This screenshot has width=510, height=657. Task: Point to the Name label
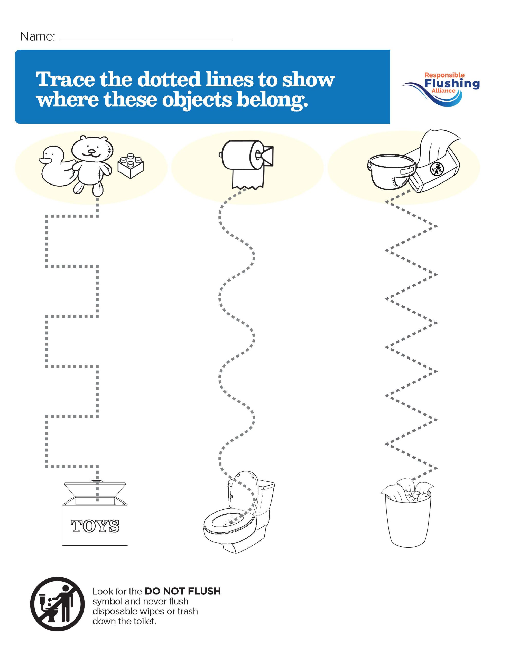pyautogui.click(x=37, y=37)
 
